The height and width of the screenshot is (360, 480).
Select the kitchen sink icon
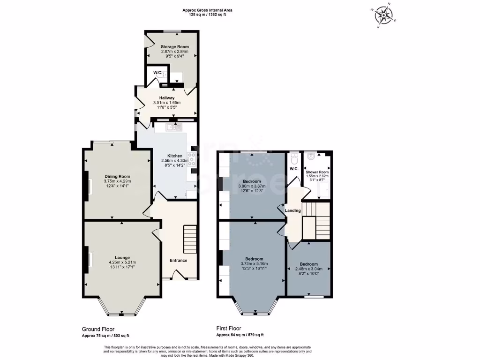173,127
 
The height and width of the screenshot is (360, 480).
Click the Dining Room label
117,176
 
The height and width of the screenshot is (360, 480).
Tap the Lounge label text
122,257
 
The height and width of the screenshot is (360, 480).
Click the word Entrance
178,261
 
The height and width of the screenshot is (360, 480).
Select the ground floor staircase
189,239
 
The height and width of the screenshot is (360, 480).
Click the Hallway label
166,98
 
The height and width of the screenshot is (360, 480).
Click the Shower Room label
317,172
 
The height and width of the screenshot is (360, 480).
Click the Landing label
293,211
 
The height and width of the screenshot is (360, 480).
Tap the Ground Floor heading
98,329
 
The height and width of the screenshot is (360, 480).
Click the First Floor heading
228,329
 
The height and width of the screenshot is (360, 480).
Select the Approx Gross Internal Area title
207,10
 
